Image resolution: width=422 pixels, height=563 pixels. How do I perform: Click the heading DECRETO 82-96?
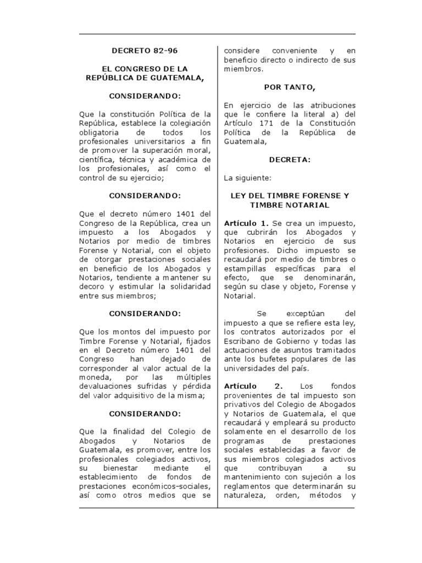[x=145, y=51]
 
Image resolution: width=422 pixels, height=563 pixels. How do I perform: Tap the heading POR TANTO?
[x=288, y=87]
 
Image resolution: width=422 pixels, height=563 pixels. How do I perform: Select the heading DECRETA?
[x=290, y=159]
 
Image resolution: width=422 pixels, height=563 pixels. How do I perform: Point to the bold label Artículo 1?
[x=246, y=223]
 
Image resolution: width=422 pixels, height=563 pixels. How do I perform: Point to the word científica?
[x=97, y=159]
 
